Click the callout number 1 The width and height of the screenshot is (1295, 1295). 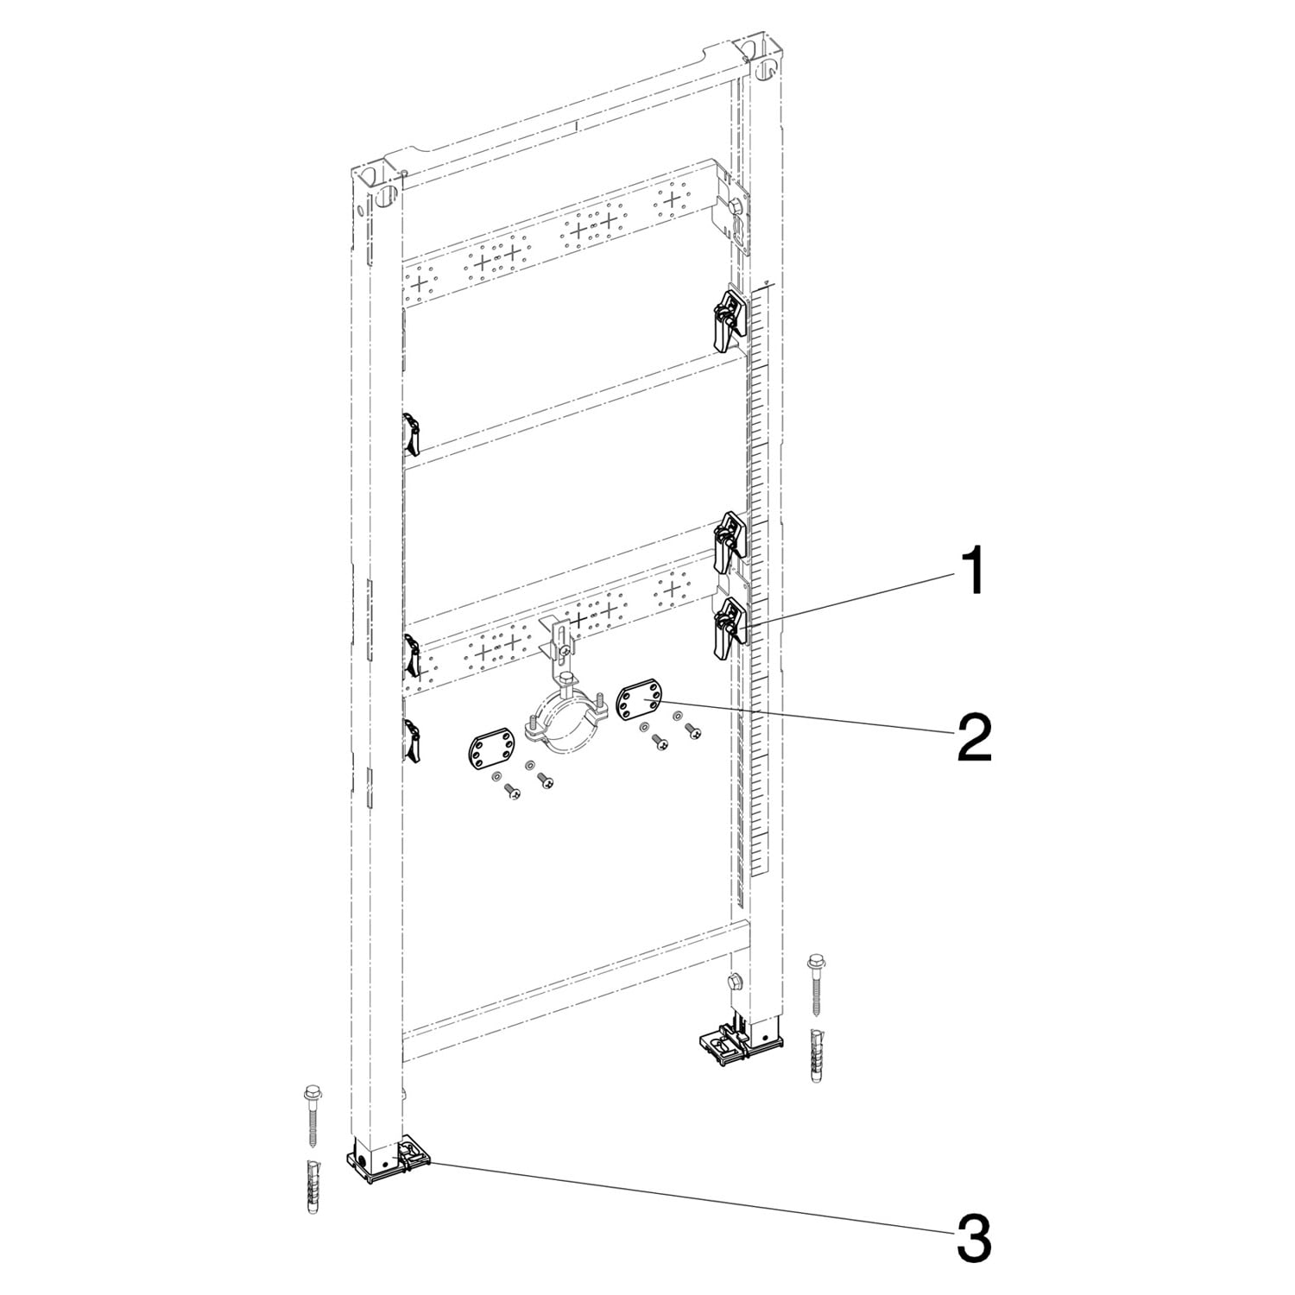[x=972, y=571]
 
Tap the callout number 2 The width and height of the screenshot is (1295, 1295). [x=972, y=737]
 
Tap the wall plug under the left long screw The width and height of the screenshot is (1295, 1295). [x=313, y=1187]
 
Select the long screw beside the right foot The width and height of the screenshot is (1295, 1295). [x=816, y=985]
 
